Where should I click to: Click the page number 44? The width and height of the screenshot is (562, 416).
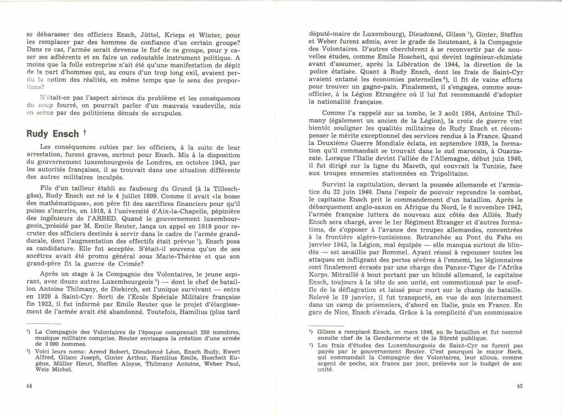(30, 385)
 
